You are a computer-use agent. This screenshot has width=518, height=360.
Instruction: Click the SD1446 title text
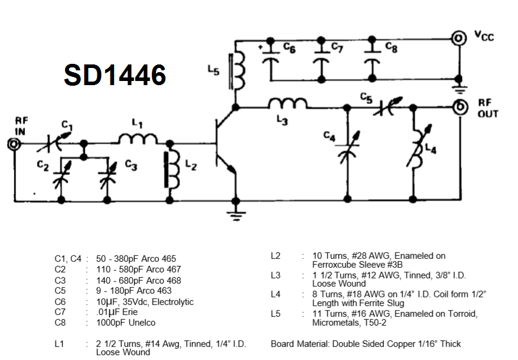[115, 76]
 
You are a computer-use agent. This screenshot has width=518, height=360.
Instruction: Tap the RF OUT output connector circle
[458, 108]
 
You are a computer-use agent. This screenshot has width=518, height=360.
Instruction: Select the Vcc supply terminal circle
[458, 38]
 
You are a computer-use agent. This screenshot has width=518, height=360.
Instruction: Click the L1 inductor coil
[138, 140]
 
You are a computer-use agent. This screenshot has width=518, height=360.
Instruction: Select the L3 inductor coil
[288, 104]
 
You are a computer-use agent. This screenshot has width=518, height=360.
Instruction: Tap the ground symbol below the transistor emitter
[236, 214]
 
